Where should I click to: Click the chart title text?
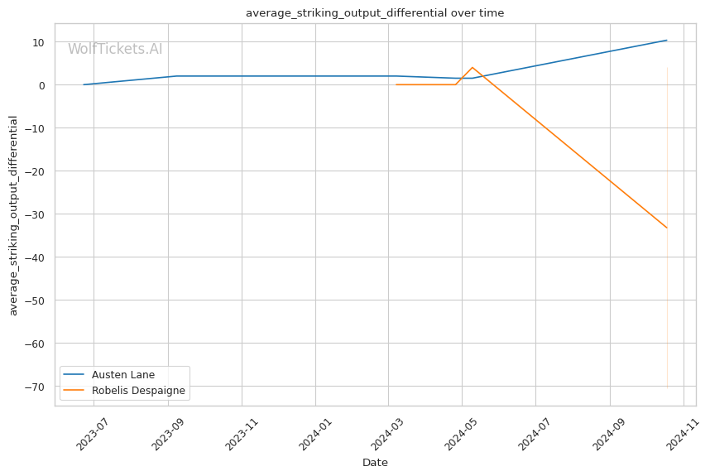point(374,13)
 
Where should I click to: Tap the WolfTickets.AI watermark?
point(115,49)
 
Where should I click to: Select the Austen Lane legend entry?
point(122,374)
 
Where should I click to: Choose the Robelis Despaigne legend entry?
point(138,391)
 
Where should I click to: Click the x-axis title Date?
point(375,463)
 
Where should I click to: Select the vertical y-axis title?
point(13,215)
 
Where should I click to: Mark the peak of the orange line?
point(472,68)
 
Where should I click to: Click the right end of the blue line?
point(667,40)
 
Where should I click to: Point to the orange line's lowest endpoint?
point(667,228)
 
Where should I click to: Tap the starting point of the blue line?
point(84,84)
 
